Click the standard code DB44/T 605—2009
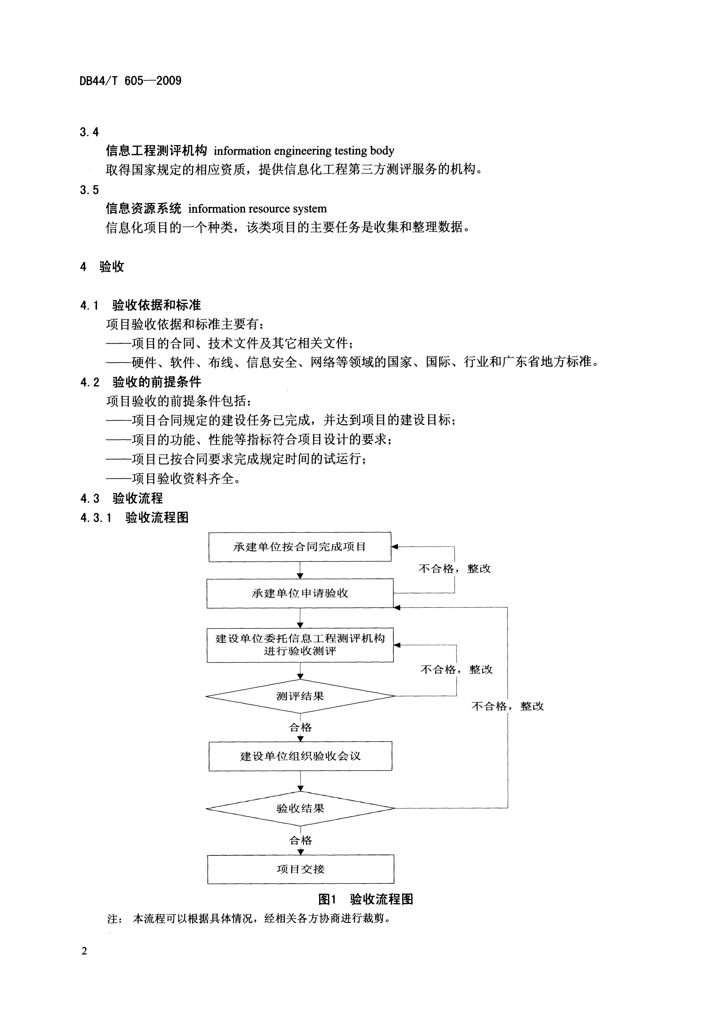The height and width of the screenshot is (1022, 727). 131,81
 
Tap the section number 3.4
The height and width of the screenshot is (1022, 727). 89,132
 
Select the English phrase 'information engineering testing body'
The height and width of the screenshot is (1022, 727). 304,151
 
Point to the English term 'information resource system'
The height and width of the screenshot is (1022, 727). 257,209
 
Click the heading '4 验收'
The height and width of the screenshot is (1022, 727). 102,267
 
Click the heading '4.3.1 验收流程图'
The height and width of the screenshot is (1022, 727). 134,518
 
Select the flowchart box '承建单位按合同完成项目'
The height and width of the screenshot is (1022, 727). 300,547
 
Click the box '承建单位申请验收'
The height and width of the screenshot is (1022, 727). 300,593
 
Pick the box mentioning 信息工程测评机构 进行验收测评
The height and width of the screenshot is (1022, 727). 300,645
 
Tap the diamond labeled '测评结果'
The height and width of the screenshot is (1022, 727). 300,696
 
